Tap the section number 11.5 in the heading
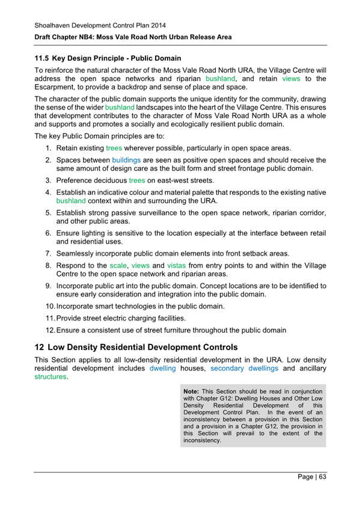click(41, 59)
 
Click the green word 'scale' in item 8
click(117, 265)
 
